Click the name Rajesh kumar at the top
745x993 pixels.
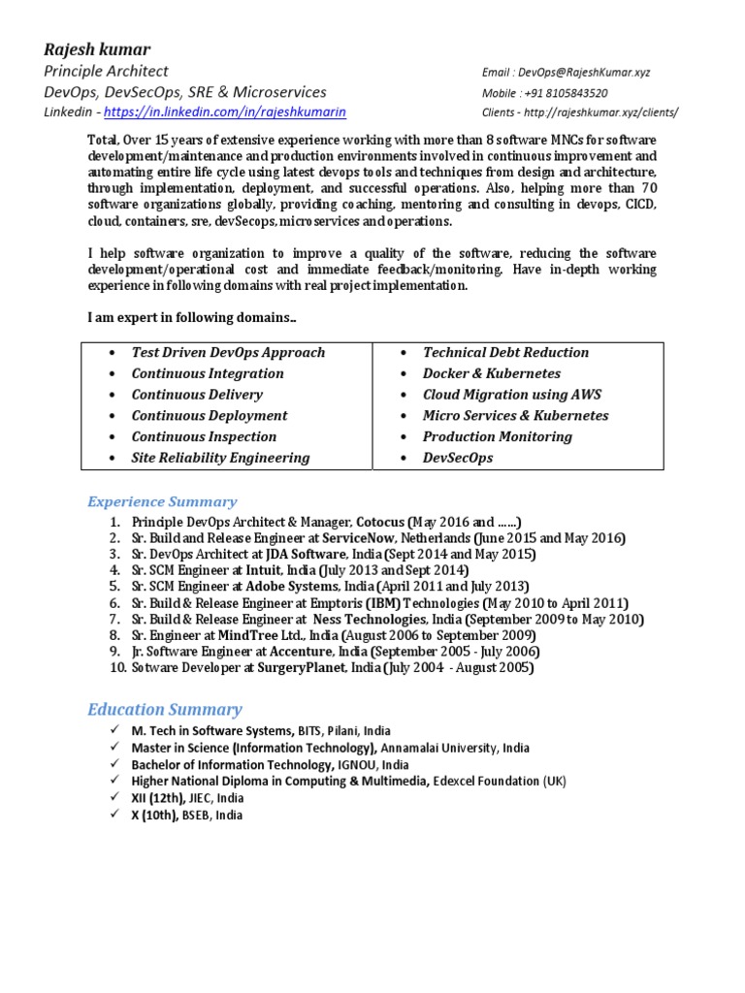click(x=96, y=49)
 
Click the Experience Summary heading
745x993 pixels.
click(x=162, y=501)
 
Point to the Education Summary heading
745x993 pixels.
click(x=165, y=709)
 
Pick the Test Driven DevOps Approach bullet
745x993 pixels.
click(x=228, y=352)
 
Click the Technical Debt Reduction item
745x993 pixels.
click(x=505, y=352)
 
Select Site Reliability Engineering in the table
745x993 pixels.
click(x=220, y=458)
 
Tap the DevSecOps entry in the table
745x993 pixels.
click(x=458, y=458)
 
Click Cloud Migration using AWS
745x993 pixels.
click(x=511, y=395)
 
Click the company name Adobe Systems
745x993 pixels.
click(x=291, y=587)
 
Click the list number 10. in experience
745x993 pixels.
click(x=117, y=668)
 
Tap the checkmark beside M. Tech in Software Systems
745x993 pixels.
click(x=115, y=730)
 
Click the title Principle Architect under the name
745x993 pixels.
click(x=105, y=71)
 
